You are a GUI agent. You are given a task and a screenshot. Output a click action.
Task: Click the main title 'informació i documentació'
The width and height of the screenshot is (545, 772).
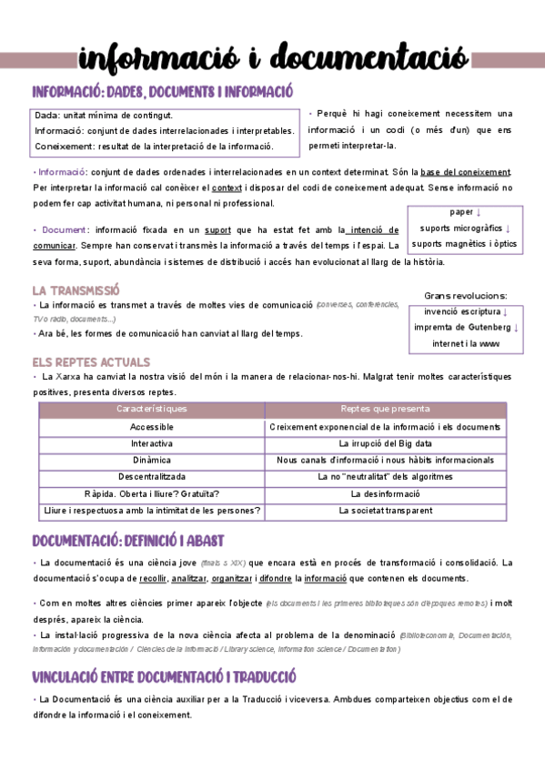pos(273,58)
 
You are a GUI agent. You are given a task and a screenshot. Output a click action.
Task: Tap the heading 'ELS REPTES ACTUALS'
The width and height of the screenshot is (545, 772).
pos(91,361)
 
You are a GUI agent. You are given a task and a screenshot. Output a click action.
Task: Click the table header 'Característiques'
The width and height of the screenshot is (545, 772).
pos(152,411)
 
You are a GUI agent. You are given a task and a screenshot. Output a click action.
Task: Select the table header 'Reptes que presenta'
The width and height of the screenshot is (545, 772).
pos(385,411)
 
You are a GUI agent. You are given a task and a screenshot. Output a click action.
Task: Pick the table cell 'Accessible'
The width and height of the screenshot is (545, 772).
pos(152,427)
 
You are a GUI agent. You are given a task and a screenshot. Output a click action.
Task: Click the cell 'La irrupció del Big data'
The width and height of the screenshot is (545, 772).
pos(385,443)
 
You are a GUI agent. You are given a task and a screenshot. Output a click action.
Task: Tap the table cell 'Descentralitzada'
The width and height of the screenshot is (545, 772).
pos(152,477)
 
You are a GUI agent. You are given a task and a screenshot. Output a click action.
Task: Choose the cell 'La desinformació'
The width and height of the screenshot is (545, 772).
pos(385,493)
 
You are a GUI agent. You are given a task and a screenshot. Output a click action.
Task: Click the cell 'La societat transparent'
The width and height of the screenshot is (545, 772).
pos(385,511)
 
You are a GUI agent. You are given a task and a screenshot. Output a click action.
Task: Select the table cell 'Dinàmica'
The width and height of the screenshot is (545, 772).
pos(152,461)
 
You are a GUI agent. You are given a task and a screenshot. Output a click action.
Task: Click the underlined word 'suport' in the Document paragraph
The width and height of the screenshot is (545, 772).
pos(218,230)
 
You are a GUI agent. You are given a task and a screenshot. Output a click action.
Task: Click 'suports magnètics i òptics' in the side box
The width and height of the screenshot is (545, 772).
pos(464,244)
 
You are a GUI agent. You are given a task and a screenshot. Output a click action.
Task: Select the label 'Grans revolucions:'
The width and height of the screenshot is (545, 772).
pos(466,295)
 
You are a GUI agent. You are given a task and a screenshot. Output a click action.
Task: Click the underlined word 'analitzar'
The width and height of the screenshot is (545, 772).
pos(187,578)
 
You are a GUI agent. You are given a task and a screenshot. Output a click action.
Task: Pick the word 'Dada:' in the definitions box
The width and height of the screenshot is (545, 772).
pos(47,117)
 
